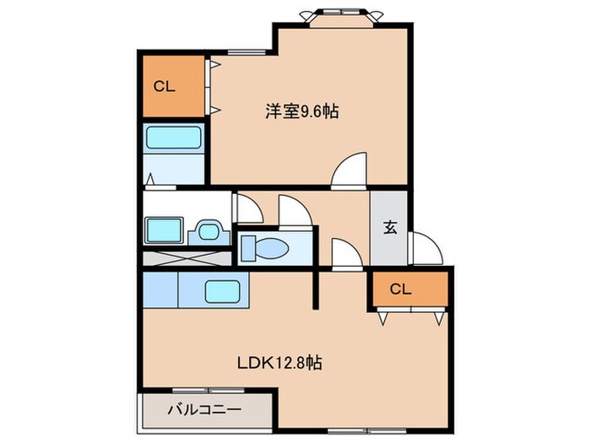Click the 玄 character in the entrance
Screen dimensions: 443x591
point(391,227)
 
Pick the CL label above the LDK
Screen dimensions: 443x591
point(401,289)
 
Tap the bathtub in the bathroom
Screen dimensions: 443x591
point(173,138)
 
